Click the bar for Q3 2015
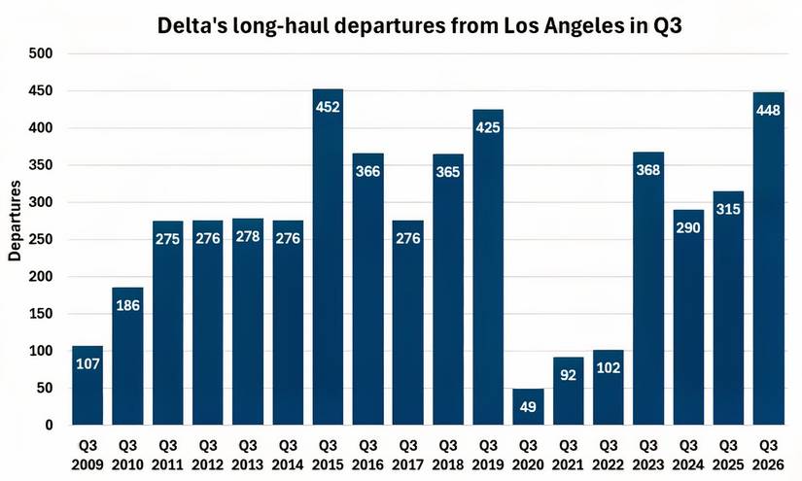pyautogui.click(x=328, y=258)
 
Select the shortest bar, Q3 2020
pyautogui.click(x=528, y=407)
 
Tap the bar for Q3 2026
pyautogui.click(x=768, y=258)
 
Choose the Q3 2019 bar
pyautogui.click(x=488, y=267)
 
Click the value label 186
pyautogui.click(x=127, y=305)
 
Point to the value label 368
pyautogui.click(x=648, y=170)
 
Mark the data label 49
pyautogui.click(x=528, y=406)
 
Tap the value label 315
pyautogui.click(x=728, y=210)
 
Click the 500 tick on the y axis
pyautogui.click(x=42, y=53)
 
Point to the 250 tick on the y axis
pyautogui.click(x=42, y=240)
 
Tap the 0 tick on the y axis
pyautogui.click(x=49, y=426)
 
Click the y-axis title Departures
pyautogui.click(x=16, y=221)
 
